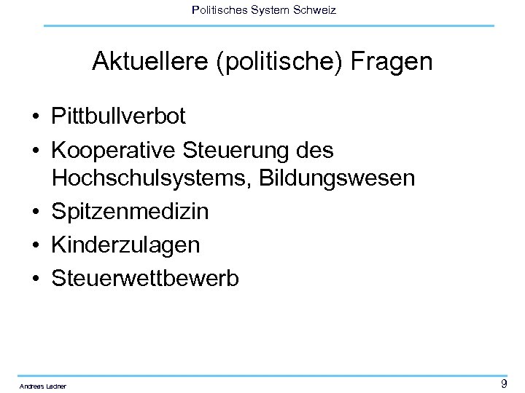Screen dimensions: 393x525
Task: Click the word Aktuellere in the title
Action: coord(149,62)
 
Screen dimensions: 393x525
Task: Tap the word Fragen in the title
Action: coord(392,62)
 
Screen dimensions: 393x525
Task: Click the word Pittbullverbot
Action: coord(119,116)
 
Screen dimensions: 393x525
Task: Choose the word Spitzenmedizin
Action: coord(130,212)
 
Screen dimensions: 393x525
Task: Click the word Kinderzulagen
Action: coord(125,245)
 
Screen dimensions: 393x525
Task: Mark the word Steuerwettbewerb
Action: coord(145,278)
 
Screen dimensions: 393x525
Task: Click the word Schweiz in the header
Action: coord(315,10)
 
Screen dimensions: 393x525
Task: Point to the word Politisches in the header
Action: coord(217,10)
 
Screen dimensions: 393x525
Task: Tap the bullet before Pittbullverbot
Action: coord(35,116)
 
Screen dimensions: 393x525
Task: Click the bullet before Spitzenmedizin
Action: coord(35,213)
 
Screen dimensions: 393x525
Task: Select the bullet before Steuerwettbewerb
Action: coord(35,279)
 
